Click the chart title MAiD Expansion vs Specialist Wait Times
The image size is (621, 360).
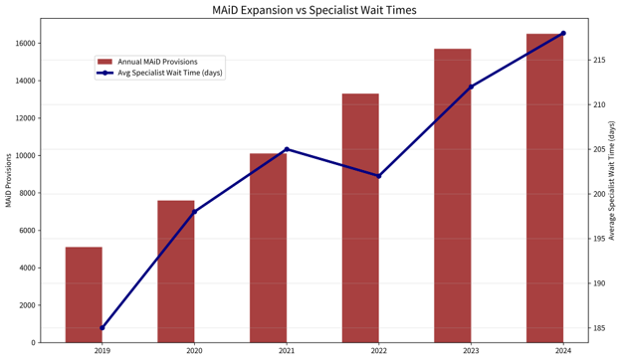coord(314,10)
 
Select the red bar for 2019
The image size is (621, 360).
coord(84,294)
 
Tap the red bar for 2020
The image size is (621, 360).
coord(176,271)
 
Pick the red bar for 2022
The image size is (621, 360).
coord(360,218)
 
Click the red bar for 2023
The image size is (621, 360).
coord(453,196)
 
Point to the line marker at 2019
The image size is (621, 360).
coord(103,327)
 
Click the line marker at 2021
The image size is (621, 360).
coord(287,149)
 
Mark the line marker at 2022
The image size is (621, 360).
coord(379,176)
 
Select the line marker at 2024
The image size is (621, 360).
coord(563,33)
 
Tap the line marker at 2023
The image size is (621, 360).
coord(472,87)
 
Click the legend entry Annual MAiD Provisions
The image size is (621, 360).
coord(157,62)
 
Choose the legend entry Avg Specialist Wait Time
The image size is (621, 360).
coord(159,73)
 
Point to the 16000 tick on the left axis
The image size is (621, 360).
coord(26,43)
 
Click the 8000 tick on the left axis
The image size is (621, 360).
coord(28,193)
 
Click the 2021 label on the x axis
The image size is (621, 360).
coord(287,350)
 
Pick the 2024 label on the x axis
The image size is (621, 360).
coord(563,350)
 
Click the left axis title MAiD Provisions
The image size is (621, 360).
coord(9,180)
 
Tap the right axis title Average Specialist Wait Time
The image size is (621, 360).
coord(612,180)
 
